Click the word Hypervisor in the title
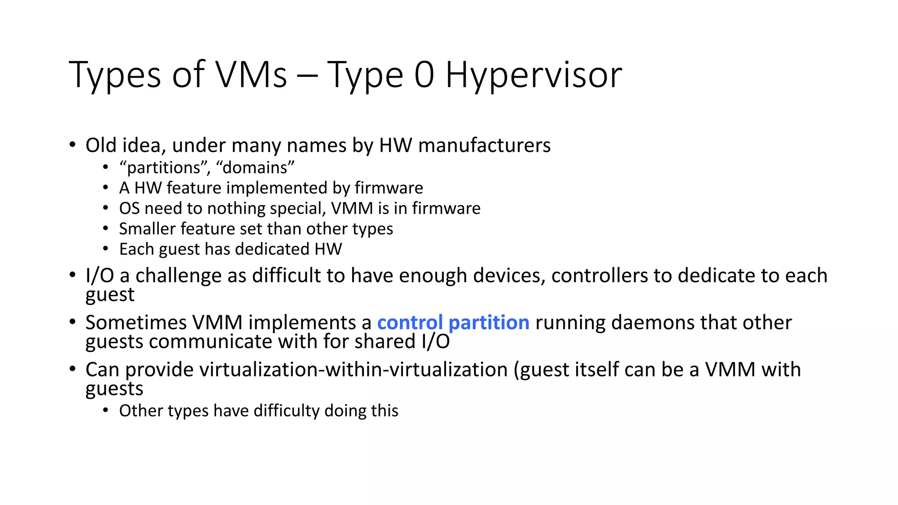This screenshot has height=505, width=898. pyautogui.click(x=534, y=75)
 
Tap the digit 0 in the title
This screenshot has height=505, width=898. pyautogui.click(x=424, y=75)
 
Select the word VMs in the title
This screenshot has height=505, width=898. pyautogui.click(x=252, y=75)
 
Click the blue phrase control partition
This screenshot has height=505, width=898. pyautogui.click(x=453, y=323)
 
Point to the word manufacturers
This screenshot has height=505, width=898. pyautogui.click(x=484, y=146)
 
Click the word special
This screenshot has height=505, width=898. pyautogui.click(x=298, y=209)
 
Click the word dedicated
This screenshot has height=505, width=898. pyautogui.click(x=272, y=249)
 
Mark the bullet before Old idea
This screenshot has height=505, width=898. pyautogui.click(x=73, y=145)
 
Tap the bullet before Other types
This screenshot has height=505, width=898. pyautogui.click(x=105, y=410)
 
